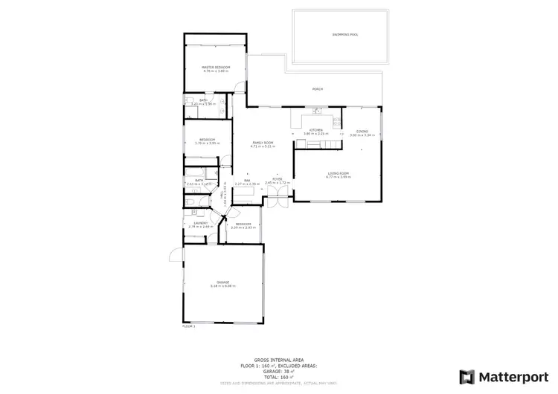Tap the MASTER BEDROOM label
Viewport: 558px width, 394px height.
(x=216, y=68)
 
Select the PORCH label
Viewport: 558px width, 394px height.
(x=318, y=90)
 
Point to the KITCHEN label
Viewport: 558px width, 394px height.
(x=316, y=131)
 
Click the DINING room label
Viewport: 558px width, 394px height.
(x=362, y=131)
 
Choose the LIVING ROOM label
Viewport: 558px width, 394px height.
(x=337, y=172)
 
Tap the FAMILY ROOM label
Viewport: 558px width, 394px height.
(x=263, y=142)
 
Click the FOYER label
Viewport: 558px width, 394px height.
(x=276, y=178)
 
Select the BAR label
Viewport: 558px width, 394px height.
(x=246, y=179)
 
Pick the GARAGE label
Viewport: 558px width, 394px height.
(x=223, y=282)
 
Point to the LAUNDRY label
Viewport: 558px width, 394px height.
(x=200, y=222)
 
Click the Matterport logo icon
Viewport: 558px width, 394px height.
(x=468, y=377)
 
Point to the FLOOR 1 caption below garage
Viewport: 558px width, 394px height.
(x=188, y=326)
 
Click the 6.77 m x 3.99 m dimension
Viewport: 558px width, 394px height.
(x=337, y=177)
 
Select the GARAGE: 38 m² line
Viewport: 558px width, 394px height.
(x=279, y=372)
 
